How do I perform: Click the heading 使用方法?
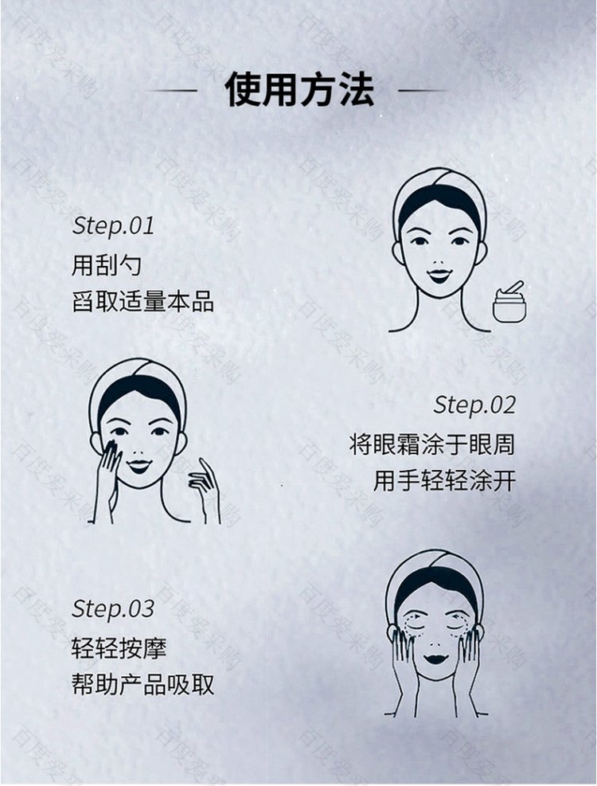299,90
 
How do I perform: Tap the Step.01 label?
113,225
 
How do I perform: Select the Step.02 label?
474,405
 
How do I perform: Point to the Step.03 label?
113,608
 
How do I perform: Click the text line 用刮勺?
107,265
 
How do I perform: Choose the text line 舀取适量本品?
142,302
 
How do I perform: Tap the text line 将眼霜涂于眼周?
432,444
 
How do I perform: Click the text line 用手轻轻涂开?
444,481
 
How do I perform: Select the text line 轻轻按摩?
119,648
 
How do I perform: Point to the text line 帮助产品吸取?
142,685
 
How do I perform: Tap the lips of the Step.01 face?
439,276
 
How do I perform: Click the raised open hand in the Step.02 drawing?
205,489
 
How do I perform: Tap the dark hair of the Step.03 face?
435,581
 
